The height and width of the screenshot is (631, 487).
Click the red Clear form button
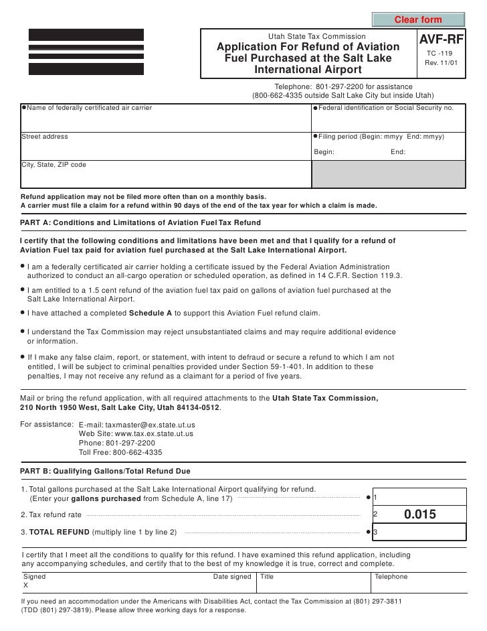(418, 19)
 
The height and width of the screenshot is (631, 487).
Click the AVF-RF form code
(440, 40)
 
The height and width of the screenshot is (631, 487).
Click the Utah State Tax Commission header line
(316, 36)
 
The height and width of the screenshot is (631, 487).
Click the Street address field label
(45, 137)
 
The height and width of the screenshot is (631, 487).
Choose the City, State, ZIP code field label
(54, 164)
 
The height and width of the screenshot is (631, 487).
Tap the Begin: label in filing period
(324, 151)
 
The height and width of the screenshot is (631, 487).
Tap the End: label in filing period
(397, 151)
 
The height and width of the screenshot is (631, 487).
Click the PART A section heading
(141, 222)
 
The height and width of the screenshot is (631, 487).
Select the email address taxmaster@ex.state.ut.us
(137, 425)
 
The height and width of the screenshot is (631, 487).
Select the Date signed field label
(231, 576)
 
